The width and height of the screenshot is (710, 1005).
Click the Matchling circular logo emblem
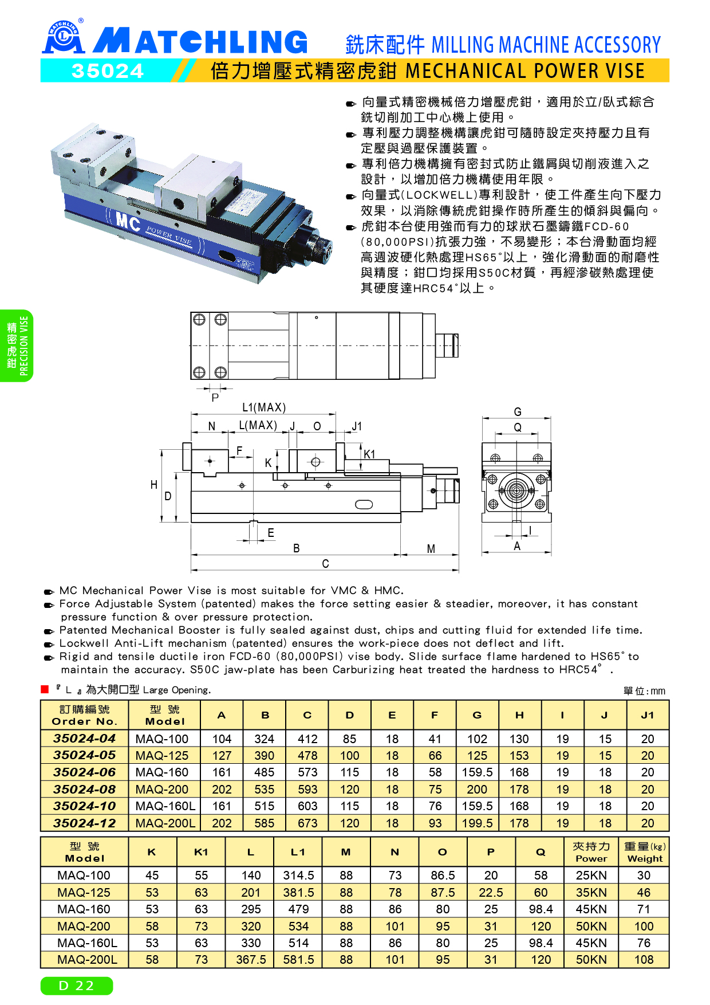tap(64, 36)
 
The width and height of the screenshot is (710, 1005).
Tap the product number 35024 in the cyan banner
tap(107, 71)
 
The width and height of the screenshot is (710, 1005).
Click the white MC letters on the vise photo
tap(128, 221)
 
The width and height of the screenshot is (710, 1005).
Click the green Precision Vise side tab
tap(17, 346)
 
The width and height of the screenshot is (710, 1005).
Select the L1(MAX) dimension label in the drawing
tap(263, 407)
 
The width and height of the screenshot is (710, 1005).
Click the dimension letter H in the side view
tap(153, 485)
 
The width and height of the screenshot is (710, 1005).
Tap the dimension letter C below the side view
tap(325, 564)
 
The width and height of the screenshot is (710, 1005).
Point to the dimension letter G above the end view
tap(517, 411)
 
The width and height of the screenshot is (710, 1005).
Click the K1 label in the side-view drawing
tap(369, 454)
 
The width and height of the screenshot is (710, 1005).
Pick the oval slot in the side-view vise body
tap(364, 504)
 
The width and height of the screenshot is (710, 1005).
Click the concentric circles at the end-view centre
tap(516, 491)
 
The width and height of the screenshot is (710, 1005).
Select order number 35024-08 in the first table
tap(84, 790)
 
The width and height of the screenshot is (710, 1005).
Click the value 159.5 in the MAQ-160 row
tap(477, 772)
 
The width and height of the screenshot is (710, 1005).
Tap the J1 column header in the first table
tap(647, 715)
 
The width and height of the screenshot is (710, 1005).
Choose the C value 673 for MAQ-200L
tap(307, 823)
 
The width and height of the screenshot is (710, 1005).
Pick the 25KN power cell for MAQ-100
tap(591, 876)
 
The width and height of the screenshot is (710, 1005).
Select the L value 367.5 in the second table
tap(251, 960)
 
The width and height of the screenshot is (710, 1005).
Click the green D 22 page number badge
tap(77, 986)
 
